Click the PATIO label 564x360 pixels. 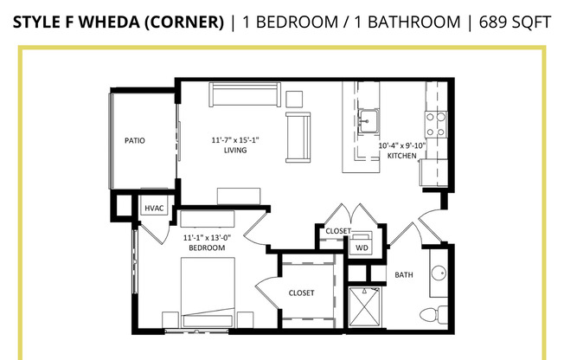(x=134, y=140)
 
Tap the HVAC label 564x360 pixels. (x=154, y=208)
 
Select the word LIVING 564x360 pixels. (x=234, y=150)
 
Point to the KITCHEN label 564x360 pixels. (x=402, y=157)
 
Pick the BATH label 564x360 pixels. (x=404, y=275)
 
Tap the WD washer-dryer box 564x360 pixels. (x=362, y=247)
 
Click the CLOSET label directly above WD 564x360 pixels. (x=337, y=231)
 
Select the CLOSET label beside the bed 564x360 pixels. (x=301, y=293)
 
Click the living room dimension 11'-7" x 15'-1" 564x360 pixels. (x=235, y=138)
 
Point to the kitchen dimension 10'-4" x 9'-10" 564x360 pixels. (x=402, y=145)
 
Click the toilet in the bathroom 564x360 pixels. (x=433, y=312)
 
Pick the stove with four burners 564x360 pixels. (x=434, y=125)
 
